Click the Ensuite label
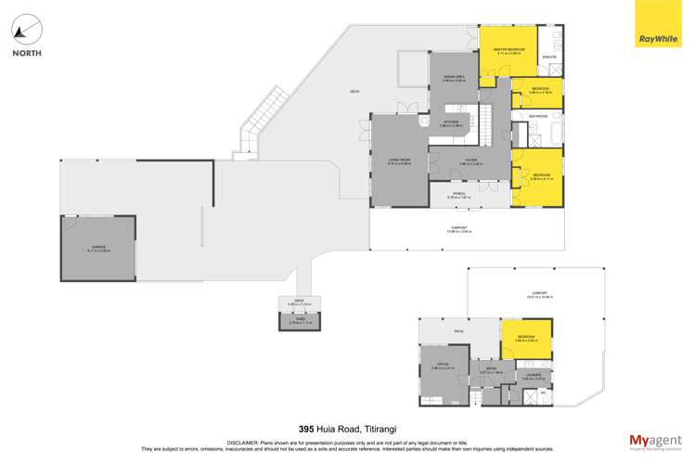click(549, 57)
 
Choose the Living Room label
click(399, 161)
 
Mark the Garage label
click(98, 248)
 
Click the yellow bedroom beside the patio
click(526, 338)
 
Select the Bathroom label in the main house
click(537, 116)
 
